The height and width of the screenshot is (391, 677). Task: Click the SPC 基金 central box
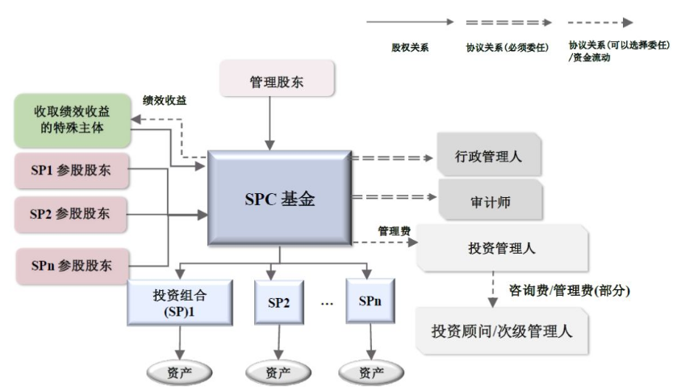tap(279, 197)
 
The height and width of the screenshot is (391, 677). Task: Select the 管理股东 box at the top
tap(277, 82)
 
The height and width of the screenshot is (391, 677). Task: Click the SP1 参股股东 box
tap(71, 170)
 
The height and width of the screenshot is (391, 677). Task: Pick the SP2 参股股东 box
tap(71, 215)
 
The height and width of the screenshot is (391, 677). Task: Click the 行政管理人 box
tap(489, 156)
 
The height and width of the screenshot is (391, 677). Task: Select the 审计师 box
tap(489, 198)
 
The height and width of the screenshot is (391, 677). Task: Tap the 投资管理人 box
tap(501, 248)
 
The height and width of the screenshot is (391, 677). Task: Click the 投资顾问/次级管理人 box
tap(501, 331)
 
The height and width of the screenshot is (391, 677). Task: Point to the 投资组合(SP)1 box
tap(180, 302)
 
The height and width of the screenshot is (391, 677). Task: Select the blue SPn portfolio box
tap(371, 301)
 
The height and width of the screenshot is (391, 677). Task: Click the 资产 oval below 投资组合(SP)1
tap(180, 372)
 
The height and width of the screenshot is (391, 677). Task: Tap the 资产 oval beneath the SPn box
tap(371, 372)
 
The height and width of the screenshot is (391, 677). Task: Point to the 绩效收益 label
tap(165, 100)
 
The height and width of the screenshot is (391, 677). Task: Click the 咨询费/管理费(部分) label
tap(568, 290)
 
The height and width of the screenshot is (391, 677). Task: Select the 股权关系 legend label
tap(410, 48)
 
